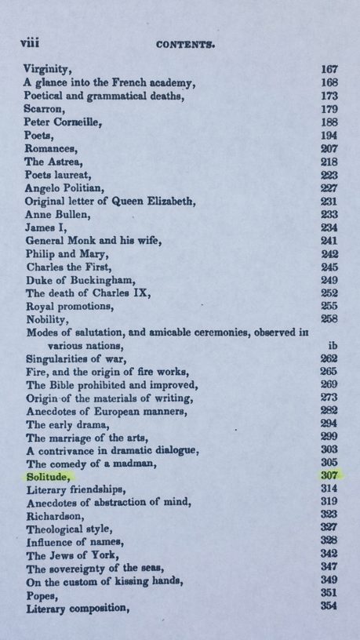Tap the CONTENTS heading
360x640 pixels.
[x=180, y=46]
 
